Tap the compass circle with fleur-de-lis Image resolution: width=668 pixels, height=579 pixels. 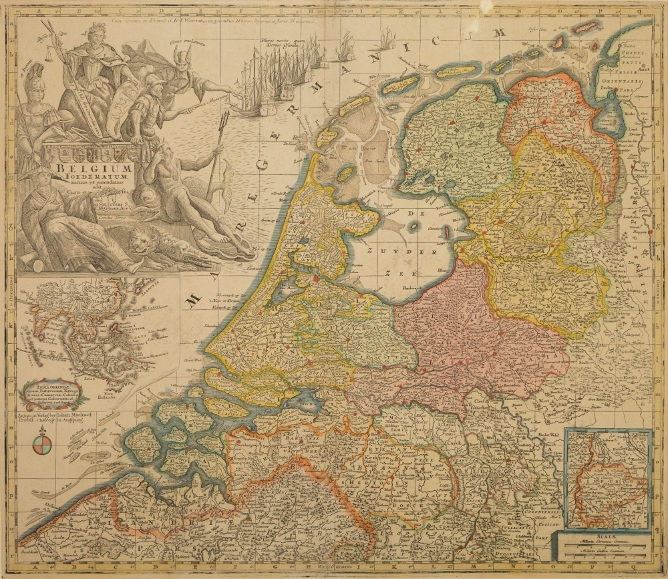click(x=41, y=443)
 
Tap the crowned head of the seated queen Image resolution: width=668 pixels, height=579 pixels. click(x=98, y=32)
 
